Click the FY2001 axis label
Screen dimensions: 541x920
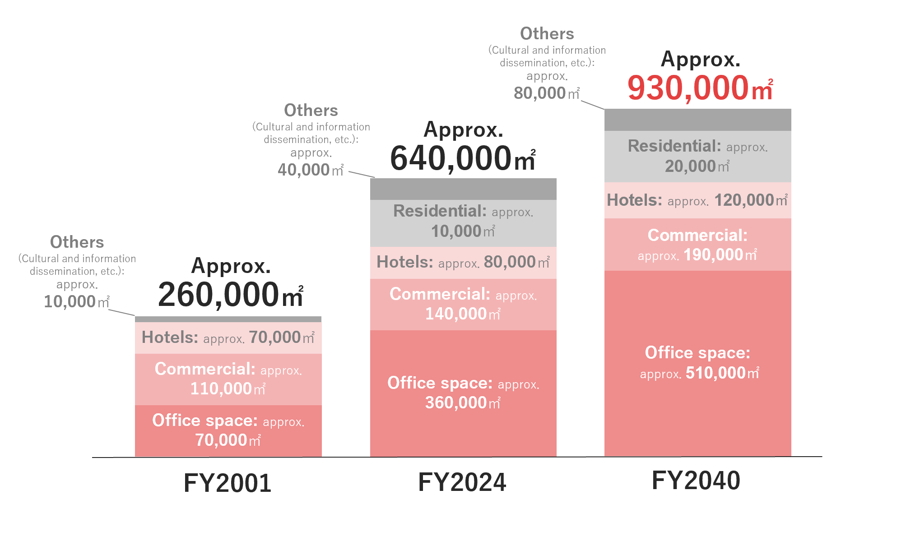point(228,483)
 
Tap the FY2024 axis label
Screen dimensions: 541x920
point(462,482)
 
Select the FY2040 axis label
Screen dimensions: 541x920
point(696,480)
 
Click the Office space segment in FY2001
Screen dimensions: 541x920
point(228,430)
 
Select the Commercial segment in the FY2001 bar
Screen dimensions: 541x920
point(228,379)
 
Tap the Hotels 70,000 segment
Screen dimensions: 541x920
point(228,338)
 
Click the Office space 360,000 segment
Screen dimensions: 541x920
point(463,393)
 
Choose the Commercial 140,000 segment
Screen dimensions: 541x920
point(463,304)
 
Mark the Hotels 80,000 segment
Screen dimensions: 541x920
point(463,262)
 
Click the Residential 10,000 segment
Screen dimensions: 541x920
point(463,223)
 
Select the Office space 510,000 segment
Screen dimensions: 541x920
point(698,363)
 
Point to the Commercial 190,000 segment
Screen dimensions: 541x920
point(698,245)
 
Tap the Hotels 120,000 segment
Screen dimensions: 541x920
point(698,200)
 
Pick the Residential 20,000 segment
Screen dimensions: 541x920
point(698,156)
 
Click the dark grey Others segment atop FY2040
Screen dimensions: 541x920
point(698,120)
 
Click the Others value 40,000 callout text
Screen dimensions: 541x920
point(311,170)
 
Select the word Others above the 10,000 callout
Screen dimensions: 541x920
point(77,242)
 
